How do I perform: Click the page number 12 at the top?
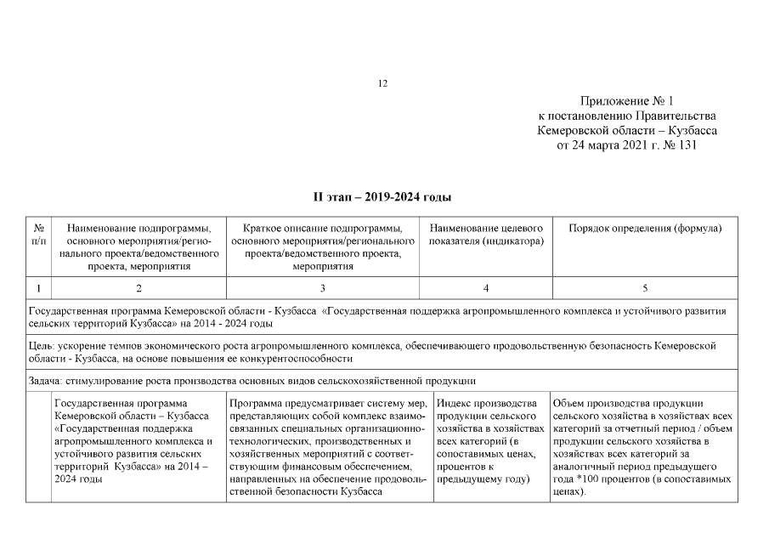pos(382,83)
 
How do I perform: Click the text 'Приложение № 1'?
pos(627,101)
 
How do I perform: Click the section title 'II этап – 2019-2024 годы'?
pos(382,197)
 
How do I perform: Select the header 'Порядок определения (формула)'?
pos(644,228)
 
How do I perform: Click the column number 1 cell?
pos(38,289)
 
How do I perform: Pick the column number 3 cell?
pos(323,289)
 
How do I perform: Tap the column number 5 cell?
pos(644,289)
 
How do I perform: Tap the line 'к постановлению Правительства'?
pos(627,116)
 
